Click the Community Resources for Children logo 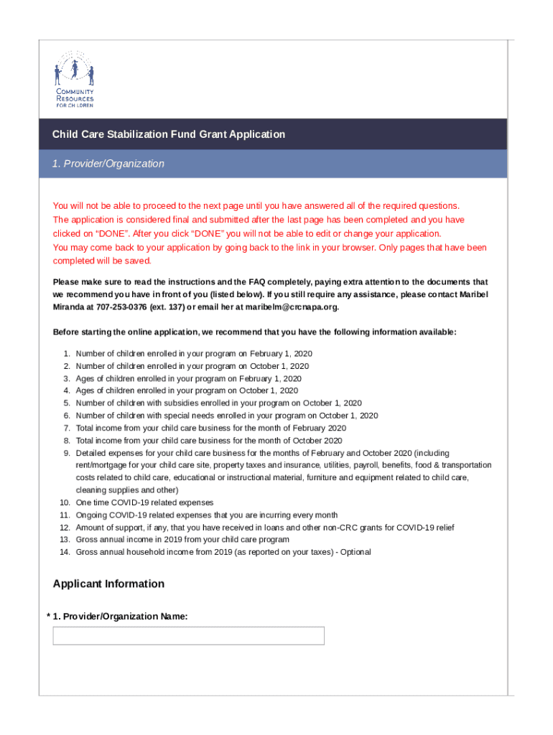(x=74, y=79)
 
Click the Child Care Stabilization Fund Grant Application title (x=168, y=134)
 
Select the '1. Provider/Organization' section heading (x=108, y=164)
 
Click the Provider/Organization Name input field (x=188, y=636)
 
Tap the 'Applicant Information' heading (x=108, y=584)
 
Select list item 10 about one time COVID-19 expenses (x=144, y=502)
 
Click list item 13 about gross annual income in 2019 (x=182, y=539)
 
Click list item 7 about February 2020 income (x=210, y=428)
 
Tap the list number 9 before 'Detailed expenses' (x=67, y=453)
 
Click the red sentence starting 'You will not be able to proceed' (x=261, y=205)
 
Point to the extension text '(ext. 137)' (x=161, y=307)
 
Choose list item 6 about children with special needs (x=226, y=416)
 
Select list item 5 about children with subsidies (x=218, y=403)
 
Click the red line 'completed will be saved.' (x=102, y=261)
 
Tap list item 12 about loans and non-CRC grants (x=264, y=528)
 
